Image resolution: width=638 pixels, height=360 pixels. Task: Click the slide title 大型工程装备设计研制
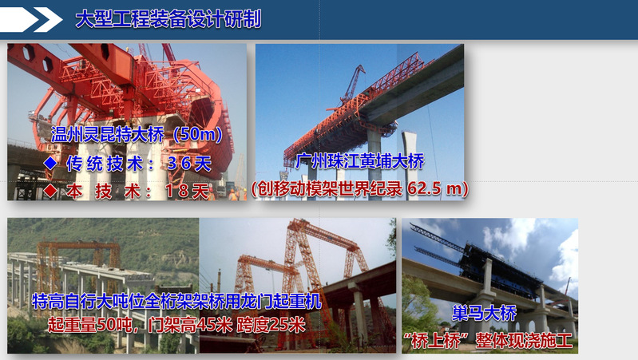pyautogui.click(x=168, y=19)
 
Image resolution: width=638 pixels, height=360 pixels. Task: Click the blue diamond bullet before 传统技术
pyautogui.click(x=50, y=163)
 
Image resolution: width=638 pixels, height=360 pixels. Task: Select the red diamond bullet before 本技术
pyautogui.click(x=50, y=190)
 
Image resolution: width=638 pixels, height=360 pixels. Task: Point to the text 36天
pyautogui.click(x=189, y=164)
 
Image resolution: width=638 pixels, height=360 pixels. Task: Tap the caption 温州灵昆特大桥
pyautogui.click(x=108, y=134)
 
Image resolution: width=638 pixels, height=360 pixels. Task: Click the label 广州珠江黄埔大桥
pyautogui.click(x=359, y=161)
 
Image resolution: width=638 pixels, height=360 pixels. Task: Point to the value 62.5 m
pyautogui.click(x=434, y=188)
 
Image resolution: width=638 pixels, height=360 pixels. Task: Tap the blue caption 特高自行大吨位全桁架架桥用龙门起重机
pyautogui.click(x=176, y=302)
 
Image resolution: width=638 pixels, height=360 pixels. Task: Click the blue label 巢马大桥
pyautogui.click(x=484, y=313)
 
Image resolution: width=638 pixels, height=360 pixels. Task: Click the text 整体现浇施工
pyautogui.click(x=524, y=341)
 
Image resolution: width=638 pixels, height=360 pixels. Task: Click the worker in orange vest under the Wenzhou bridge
pyautogui.click(x=232, y=195)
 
